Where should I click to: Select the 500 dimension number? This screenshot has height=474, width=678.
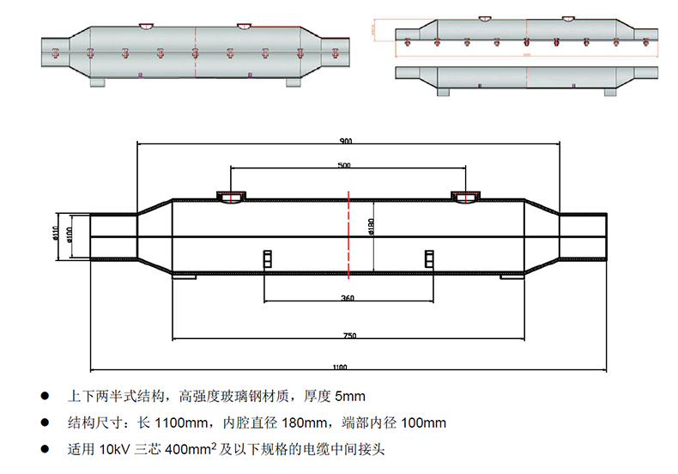[x=345, y=164]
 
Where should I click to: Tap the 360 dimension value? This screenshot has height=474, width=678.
[x=348, y=299]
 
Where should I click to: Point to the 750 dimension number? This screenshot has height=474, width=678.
[x=348, y=335]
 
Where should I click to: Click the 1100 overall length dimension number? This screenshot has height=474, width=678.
[x=341, y=368]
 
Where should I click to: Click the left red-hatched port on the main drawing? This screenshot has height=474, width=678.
[x=229, y=197]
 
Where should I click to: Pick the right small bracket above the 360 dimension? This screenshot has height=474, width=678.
[x=429, y=258]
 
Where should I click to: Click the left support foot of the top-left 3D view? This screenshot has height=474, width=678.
[x=96, y=82]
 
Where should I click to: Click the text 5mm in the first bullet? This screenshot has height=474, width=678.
[x=349, y=397]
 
